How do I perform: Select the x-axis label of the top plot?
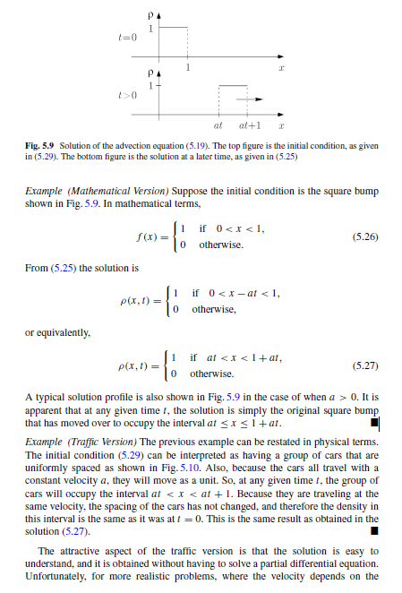(x=280, y=69)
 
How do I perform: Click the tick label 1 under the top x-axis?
(x=186, y=69)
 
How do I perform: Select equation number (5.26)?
(x=366, y=237)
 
